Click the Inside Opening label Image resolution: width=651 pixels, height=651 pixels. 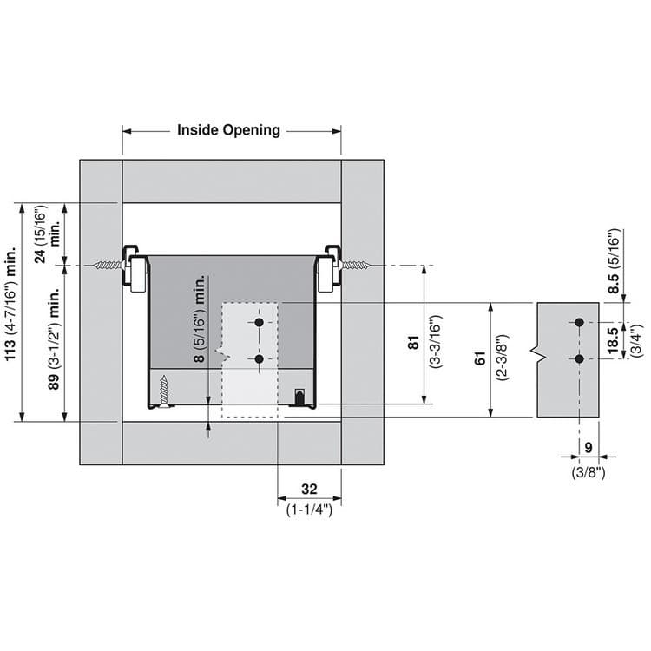point(228,130)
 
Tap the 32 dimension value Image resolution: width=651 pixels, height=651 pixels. point(309,489)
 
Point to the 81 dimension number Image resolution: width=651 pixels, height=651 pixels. point(413,342)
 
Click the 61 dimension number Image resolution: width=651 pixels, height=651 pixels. point(480,358)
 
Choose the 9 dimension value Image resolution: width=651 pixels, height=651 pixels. point(589,448)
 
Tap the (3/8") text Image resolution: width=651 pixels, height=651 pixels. point(589,472)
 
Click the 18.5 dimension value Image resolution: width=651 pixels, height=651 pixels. point(614,339)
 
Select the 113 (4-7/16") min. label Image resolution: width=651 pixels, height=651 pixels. point(10,310)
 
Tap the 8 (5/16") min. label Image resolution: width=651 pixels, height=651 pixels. point(200,319)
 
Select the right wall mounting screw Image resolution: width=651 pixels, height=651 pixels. point(355,265)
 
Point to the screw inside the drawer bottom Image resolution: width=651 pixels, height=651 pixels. point(164,391)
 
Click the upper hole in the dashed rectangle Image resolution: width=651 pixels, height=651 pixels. point(259,322)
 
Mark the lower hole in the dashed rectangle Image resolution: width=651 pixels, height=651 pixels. point(259,358)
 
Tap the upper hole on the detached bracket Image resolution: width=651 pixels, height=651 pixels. point(580,322)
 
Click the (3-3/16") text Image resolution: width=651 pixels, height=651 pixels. point(436,341)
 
